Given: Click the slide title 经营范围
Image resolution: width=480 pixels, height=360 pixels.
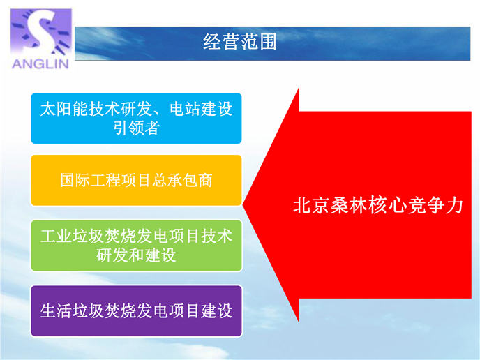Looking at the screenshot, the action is click(240, 42).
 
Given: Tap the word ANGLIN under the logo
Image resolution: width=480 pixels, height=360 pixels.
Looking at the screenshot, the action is click(40, 63).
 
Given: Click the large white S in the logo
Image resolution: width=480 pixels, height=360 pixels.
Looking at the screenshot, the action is click(40, 31).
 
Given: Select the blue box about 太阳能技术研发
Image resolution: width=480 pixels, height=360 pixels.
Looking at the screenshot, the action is click(136, 118).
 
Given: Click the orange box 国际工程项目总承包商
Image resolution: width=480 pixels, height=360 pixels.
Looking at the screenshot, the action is click(136, 180).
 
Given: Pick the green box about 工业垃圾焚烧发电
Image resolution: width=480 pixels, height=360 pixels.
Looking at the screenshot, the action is click(136, 246).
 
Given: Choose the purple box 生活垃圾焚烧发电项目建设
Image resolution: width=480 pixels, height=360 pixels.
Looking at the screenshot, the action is click(136, 311).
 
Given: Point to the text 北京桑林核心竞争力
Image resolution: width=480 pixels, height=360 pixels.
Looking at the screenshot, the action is click(377, 205).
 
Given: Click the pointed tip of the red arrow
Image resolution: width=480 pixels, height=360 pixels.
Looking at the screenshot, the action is click(243, 205).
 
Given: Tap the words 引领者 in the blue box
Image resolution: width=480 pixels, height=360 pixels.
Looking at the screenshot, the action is click(137, 128).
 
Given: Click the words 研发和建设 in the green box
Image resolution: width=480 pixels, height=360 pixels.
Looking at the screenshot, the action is click(137, 255).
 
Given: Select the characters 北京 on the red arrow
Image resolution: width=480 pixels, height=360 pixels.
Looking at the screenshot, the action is click(311, 205).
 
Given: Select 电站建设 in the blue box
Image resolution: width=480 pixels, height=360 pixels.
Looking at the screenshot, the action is click(201, 110).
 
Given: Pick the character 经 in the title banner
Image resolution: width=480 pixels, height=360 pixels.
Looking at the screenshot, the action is click(212, 42).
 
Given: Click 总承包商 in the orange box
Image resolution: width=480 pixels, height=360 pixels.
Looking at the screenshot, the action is click(182, 180).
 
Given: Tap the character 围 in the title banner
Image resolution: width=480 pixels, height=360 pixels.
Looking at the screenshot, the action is click(268, 42).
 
